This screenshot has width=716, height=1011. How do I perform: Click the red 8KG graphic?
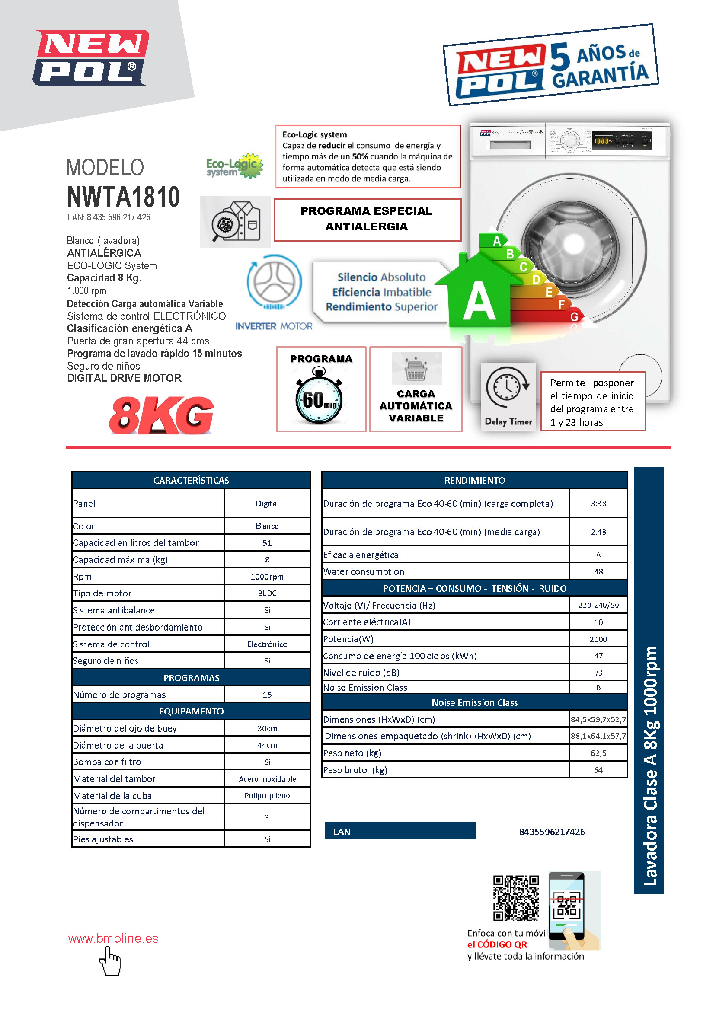click(161, 415)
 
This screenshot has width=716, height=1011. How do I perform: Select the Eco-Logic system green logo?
click(234, 166)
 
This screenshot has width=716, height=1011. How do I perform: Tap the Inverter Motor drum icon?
click(274, 282)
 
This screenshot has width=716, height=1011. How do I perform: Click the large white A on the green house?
click(479, 302)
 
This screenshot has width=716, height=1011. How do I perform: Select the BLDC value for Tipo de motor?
click(267, 593)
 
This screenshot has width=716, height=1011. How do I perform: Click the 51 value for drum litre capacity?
click(267, 543)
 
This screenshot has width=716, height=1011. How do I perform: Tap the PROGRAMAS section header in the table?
click(192, 678)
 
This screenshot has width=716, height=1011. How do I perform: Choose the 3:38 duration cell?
click(598, 503)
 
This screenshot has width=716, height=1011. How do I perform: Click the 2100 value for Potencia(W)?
click(598, 639)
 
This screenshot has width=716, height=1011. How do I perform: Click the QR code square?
click(516, 899)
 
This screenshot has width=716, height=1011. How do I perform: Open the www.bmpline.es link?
click(113, 938)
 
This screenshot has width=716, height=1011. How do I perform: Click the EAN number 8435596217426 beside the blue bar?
click(552, 832)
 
